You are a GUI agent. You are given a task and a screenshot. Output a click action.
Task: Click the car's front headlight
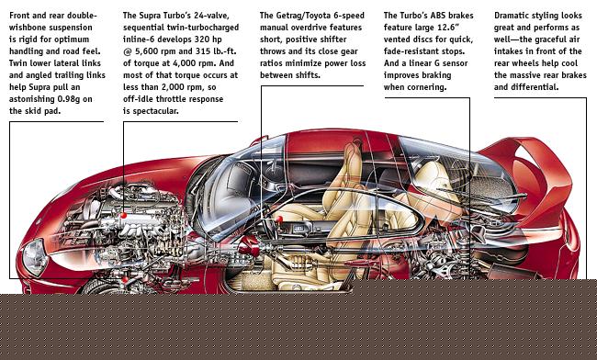35,257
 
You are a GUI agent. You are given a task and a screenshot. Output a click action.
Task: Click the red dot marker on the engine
123,216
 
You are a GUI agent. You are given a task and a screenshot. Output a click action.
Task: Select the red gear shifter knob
279,219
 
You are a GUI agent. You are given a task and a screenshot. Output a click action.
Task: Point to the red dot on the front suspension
125,280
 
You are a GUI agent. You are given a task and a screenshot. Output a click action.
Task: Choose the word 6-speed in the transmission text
351,16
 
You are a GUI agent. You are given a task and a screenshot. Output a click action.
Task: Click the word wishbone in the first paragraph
26,28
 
